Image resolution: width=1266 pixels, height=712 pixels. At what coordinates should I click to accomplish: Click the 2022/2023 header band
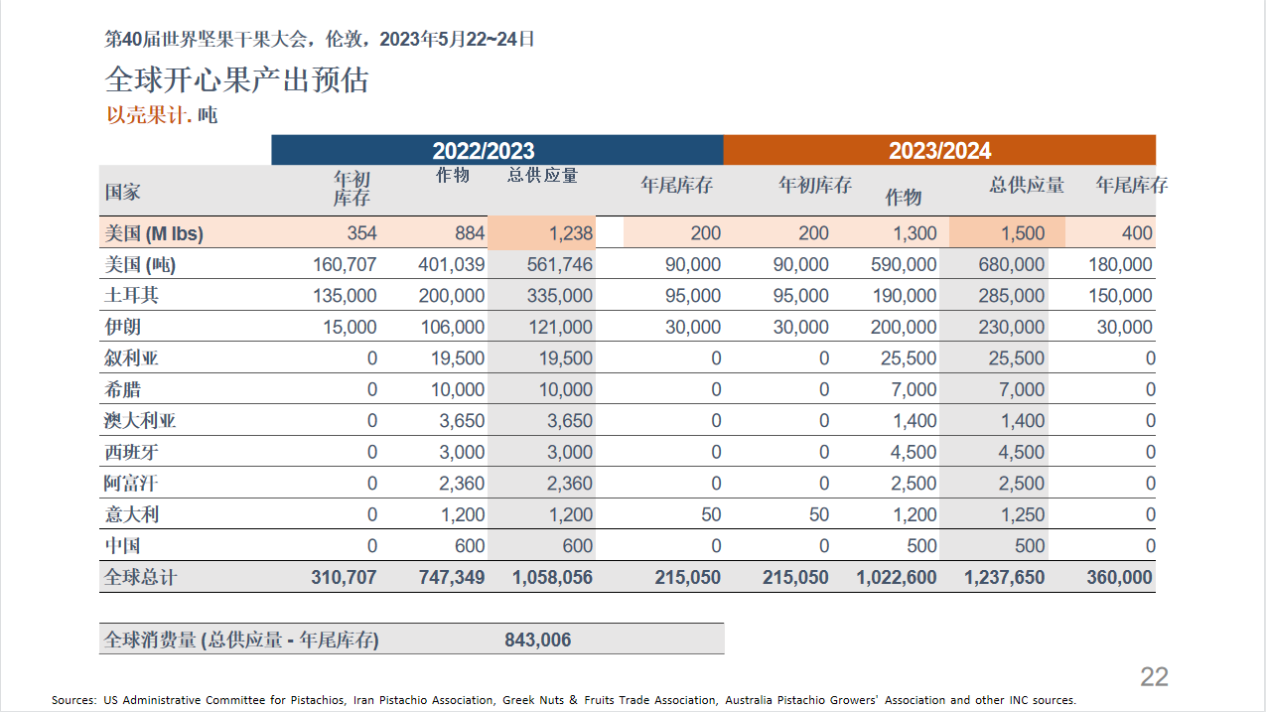click(497, 150)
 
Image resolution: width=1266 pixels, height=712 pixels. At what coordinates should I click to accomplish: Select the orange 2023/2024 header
click(939, 150)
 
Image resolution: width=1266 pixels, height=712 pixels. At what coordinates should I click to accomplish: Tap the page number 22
click(1154, 676)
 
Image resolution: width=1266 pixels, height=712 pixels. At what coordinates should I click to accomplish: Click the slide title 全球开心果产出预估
click(236, 79)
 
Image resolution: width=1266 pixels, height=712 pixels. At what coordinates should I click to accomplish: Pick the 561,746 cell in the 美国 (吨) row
click(560, 264)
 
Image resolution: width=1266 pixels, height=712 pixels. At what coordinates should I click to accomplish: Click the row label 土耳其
click(131, 295)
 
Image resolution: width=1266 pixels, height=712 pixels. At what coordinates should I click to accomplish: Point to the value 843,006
click(537, 640)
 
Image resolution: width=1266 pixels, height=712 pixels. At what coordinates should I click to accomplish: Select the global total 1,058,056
click(552, 577)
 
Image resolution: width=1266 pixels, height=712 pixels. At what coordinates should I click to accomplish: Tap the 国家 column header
click(122, 192)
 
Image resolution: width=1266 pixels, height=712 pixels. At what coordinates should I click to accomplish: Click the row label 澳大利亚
click(140, 420)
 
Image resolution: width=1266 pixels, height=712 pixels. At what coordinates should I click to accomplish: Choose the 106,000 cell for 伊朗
click(452, 327)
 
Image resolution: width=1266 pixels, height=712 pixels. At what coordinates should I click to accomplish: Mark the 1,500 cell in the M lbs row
click(1023, 232)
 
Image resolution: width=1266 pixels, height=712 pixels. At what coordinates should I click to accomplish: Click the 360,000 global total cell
click(1119, 577)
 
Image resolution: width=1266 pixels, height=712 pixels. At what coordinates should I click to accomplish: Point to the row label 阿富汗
click(130, 484)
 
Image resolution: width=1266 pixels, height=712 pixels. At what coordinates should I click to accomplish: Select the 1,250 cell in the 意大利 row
click(1023, 514)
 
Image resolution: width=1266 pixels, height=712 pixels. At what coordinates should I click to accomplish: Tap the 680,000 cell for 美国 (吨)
click(1011, 264)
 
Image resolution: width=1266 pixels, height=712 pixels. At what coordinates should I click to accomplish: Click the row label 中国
click(122, 546)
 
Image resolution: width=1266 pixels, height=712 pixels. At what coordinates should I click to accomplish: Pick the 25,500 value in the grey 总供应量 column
click(1016, 357)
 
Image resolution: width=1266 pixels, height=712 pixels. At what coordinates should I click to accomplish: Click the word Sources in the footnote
click(72, 700)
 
